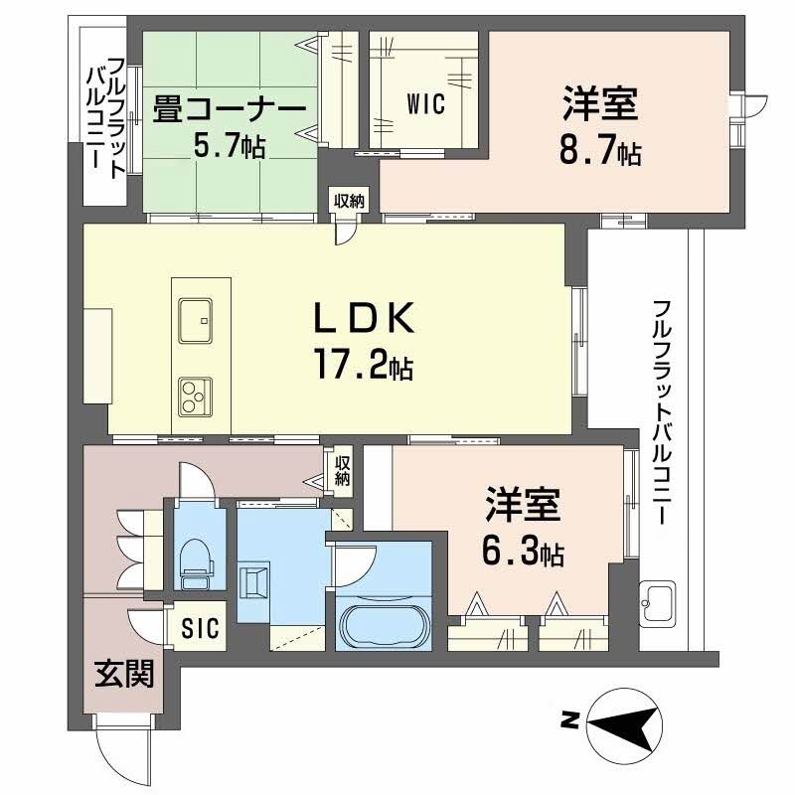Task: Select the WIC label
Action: [x=424, y=103]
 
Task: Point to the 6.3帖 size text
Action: [x=525, y=552]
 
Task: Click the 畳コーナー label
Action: [x=228, y=108]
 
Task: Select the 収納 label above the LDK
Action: [x=348, y=200]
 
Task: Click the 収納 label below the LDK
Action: [x=343, y=469]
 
